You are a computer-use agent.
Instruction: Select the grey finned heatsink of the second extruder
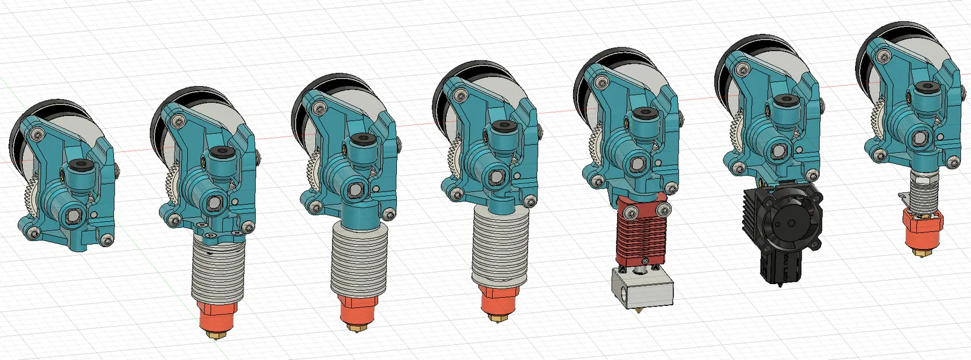[x=217, y=271]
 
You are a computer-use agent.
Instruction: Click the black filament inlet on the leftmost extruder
[x=80, y=165]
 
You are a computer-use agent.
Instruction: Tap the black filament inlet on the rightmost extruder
[x=925, y=87]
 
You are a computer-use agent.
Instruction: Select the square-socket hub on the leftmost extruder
[x=74, y=214]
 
